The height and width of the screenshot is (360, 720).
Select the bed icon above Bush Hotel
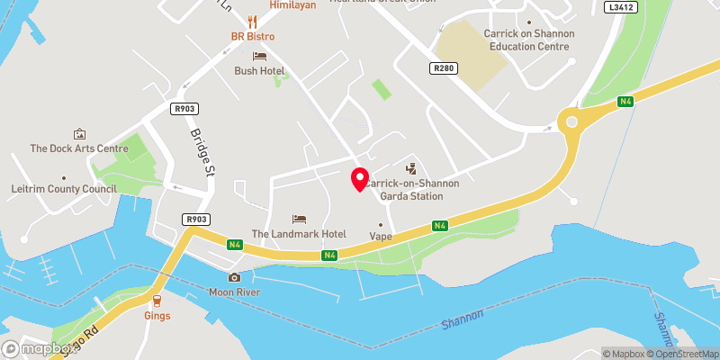click(259, 56)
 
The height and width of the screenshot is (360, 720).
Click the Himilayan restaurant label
click(294, 5)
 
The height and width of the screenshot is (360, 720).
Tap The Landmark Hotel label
click(299, 234)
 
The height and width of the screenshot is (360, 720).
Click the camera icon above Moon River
click(234, 277)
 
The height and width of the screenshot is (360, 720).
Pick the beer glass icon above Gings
click(157, 300)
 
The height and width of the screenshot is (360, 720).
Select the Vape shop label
click(381, 237)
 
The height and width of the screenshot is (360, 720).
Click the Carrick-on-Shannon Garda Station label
click(412, 189)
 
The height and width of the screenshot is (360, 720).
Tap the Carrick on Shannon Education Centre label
click(528, 40)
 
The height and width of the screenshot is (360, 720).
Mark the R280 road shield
click(443, 67)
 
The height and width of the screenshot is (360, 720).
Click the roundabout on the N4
click(571, 121)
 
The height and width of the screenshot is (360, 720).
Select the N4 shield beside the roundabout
click(625, 102)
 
